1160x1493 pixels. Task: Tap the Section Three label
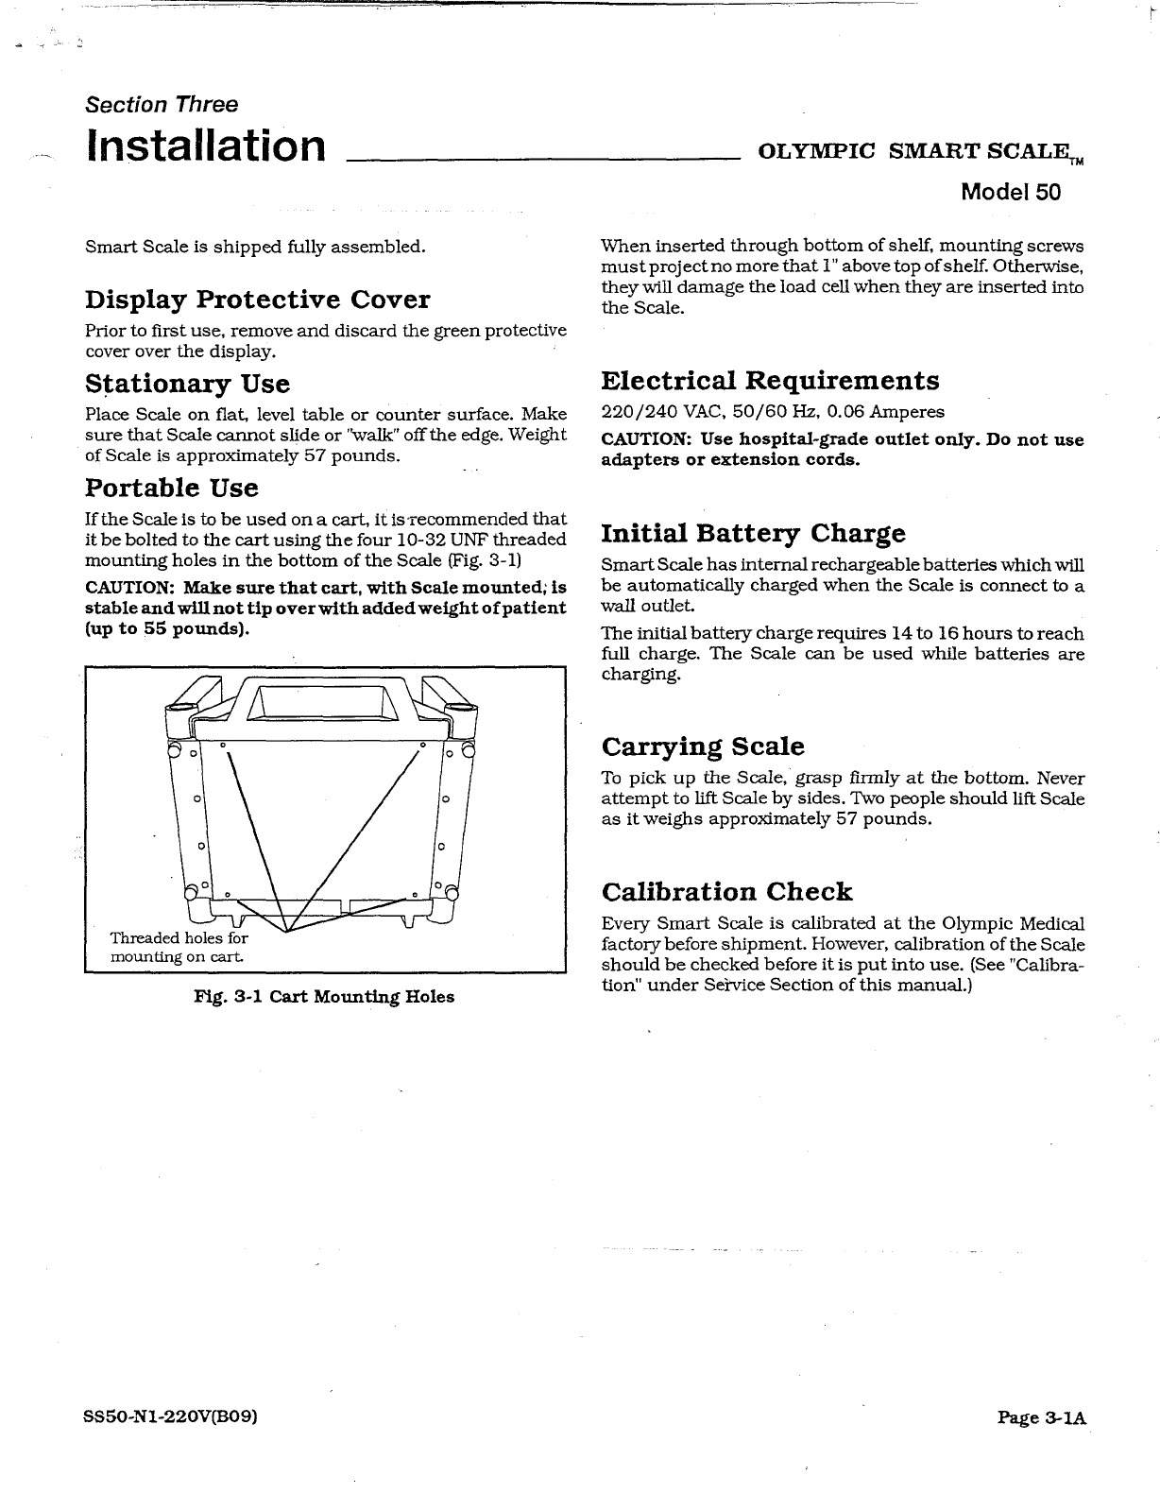(x=161, y=104)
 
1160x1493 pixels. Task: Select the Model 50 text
(x=1010, y=192)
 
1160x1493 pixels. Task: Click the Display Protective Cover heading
(x=257, y=300)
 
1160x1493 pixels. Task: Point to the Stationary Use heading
(x=187, y=384)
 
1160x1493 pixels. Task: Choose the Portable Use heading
(x=171, y=488)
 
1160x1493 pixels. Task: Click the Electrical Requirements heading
(x=770, y=381)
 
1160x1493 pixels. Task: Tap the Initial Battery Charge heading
(x=753, y=534)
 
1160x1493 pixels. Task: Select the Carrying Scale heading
(x=703, y=746)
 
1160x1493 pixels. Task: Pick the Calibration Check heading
(x=726, y=891)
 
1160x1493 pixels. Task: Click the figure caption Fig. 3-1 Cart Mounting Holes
(x=324, y=997)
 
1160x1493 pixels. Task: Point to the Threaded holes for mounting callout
(x=179, y=947)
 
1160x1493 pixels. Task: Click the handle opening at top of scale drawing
(x=325, y=700)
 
